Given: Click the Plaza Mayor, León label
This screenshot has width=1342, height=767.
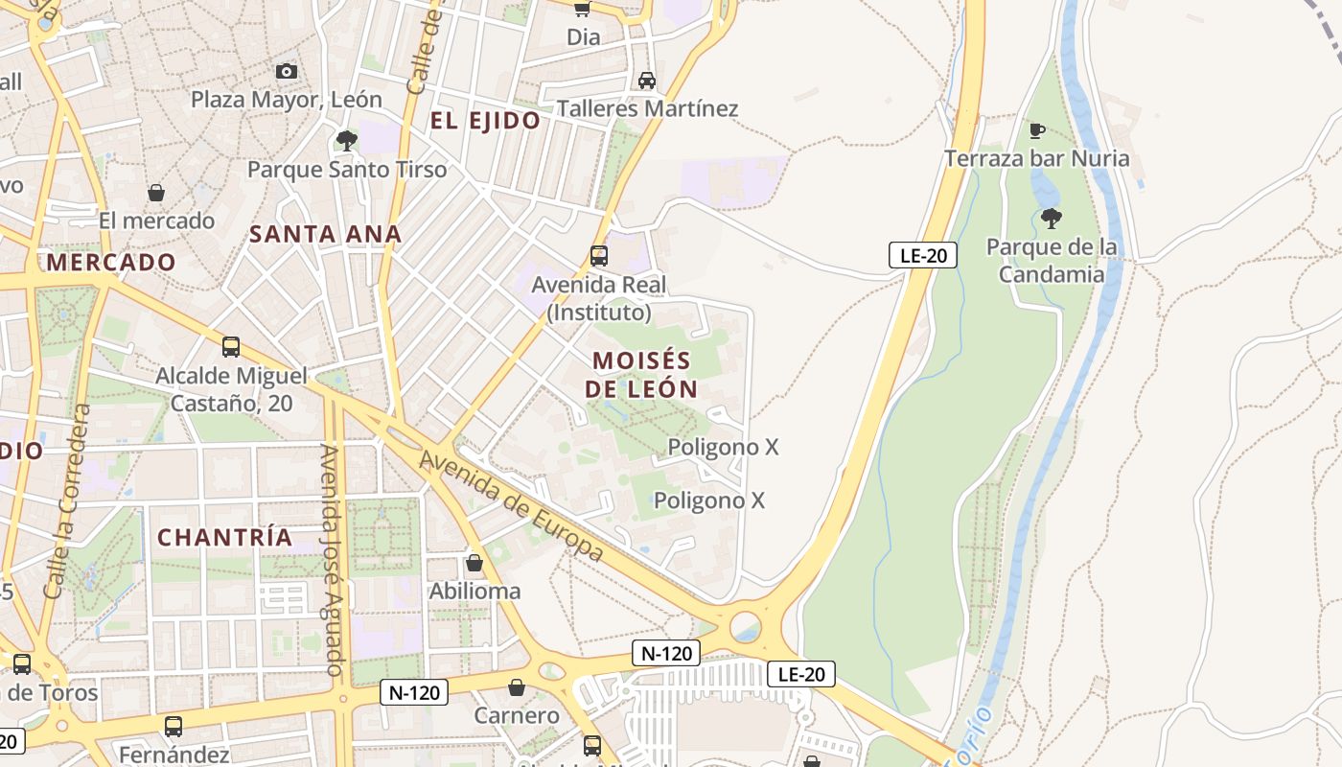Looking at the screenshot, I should click(x=286, y=100).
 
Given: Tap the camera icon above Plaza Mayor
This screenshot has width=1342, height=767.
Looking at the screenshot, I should click(x=286, y=71).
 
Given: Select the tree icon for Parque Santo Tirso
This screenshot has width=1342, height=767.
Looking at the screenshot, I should click(x=347, y=141).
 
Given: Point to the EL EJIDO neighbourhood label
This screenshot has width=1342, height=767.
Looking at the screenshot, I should click(x=485, y=121).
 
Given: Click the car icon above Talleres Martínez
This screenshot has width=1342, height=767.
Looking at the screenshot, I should click(x=647, y=80).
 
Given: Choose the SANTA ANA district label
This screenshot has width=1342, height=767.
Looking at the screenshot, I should click(x=325, y=234).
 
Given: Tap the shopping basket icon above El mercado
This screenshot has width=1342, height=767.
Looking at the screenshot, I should click(x=156, y=193).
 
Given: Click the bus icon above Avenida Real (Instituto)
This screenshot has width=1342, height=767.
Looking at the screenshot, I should click(x=599, y=255).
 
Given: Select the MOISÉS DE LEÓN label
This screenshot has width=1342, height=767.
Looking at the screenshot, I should click(x=641, y=375).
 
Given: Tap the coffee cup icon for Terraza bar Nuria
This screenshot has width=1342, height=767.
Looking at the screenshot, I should click(x=1036, y=130).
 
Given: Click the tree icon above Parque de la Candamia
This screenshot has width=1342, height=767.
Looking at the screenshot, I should click(x=1052, y=219).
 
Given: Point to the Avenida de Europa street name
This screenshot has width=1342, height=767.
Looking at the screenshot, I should click(x=512, y=506).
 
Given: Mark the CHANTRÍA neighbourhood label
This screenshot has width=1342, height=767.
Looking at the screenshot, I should click(x=225, y=538).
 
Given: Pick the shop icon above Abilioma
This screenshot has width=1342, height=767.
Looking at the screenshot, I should click(x=474, y=563).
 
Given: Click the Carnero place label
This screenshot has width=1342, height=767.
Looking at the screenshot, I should click(x=517, y=715).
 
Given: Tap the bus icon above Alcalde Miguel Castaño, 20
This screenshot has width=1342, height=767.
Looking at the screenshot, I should click(x=230, y=347).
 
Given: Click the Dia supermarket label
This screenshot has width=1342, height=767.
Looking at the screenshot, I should click(x=583, y=37).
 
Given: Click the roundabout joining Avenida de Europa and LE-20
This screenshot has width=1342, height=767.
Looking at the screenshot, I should click(x=746, y=628).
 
